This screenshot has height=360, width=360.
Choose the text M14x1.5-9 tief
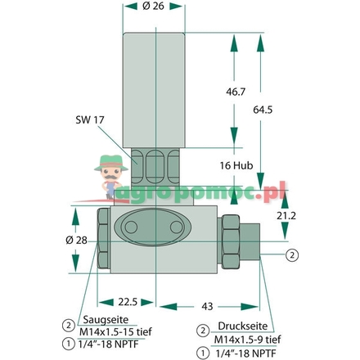[x=248, y=340]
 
